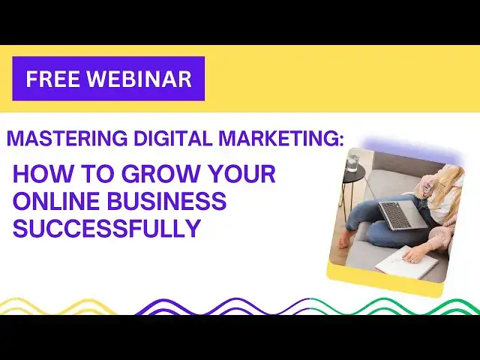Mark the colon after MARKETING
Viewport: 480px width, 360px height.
pyautogui.click(x=341, y=140)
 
